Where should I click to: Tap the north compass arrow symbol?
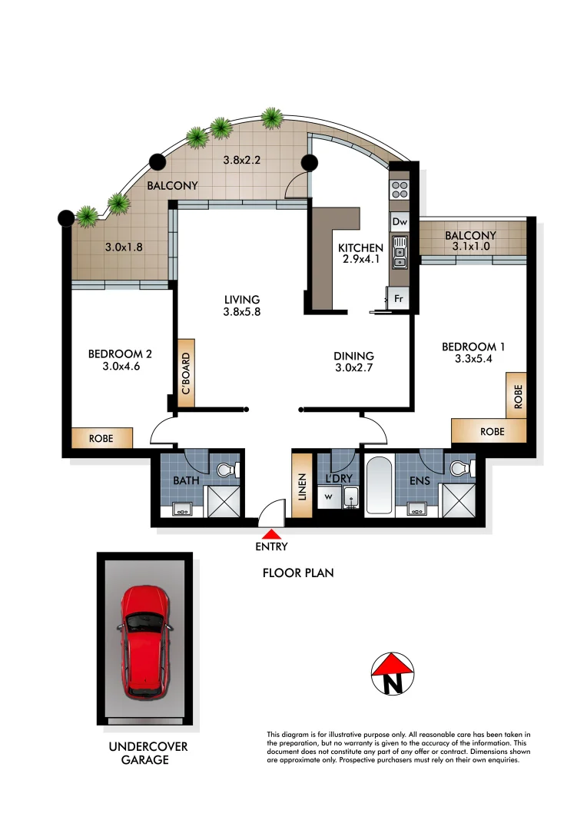point(393,674)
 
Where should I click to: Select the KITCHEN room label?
point(360,247)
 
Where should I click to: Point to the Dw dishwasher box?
point(399,222)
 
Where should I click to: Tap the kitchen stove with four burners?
point(399,190)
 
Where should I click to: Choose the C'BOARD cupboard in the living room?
point(185,373)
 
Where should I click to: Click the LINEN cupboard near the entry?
point(302,487)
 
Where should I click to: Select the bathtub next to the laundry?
point(380,486)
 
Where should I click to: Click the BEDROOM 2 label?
point(120,354)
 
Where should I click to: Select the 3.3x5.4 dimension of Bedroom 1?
point(473,360)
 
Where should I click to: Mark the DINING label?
point(353,356)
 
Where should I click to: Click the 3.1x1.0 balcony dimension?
point(470,247)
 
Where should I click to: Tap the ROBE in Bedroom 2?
point(101,438)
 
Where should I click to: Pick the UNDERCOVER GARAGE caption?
point(148,753)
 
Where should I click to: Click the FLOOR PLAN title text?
point(298,573)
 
